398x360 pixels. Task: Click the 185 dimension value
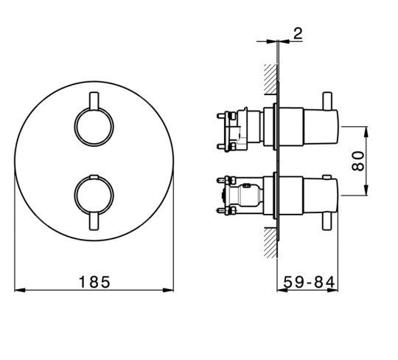[94, 282]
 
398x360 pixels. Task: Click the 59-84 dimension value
[309, 282]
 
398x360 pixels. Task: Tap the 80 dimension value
[358, 161]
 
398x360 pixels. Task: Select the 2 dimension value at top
[298, 33]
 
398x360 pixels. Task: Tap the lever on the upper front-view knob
[94, 101]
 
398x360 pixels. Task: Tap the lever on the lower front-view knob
[94, 221]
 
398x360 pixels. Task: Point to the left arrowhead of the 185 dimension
[20, 290]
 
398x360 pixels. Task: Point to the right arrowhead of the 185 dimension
[168, 290]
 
